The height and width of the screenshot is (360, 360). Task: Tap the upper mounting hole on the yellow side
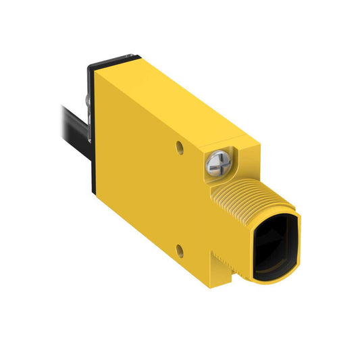[180, 147]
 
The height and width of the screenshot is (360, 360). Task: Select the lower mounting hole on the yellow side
[180, 252]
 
